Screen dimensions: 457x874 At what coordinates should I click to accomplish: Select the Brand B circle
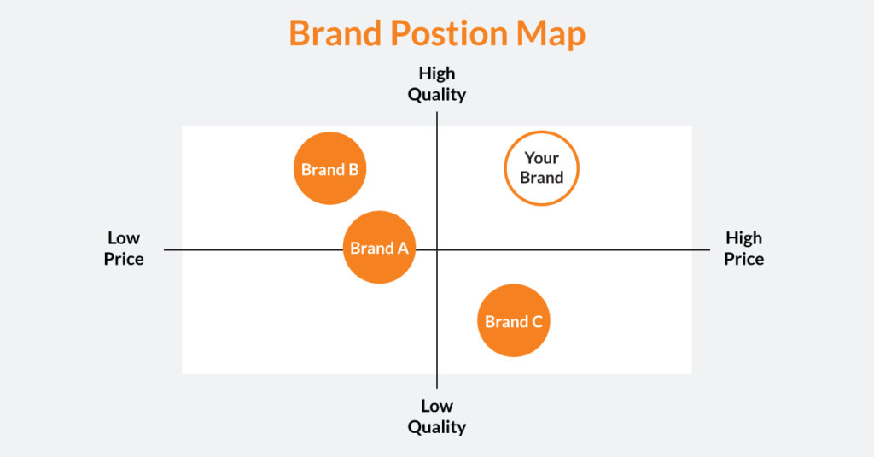(329, 169)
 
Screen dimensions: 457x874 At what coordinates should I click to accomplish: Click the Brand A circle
(379, 248)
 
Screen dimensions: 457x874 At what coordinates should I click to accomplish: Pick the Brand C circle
(513, 321)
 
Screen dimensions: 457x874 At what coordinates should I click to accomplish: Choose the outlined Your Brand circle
(541, 168)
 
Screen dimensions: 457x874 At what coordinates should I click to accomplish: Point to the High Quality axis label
(436, 84)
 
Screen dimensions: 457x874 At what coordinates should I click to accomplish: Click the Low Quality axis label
(436, 416)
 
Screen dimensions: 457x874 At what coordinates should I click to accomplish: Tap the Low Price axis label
(124, 248)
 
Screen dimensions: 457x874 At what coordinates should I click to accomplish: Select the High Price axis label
(743, 248)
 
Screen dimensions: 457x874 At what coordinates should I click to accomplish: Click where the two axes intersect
(437, 249)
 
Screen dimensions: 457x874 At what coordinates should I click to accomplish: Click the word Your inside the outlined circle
(541, 158)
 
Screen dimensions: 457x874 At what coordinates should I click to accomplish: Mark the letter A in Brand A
(402, 249)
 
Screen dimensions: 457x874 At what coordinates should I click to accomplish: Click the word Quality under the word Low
(436, 426)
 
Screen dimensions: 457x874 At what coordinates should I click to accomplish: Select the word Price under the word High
(743, 258)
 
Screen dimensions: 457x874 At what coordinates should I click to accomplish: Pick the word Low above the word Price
(124, 237)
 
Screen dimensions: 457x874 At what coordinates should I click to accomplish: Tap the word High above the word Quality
(436, 73)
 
